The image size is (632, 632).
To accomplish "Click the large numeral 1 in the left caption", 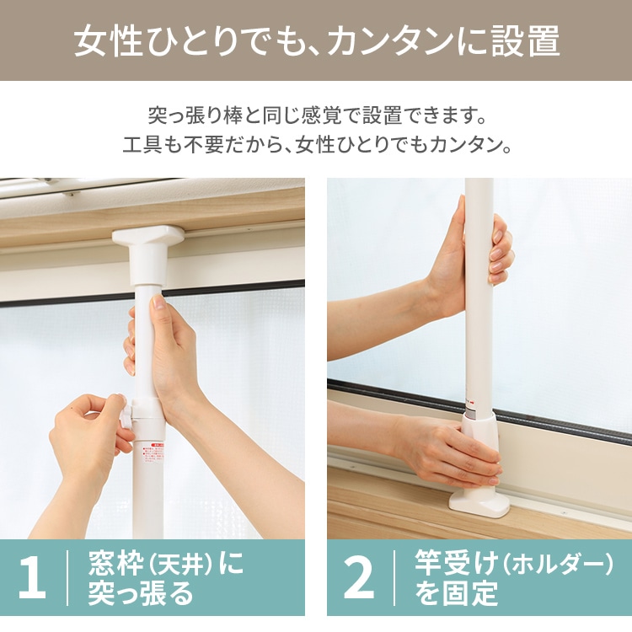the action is click(33, 577).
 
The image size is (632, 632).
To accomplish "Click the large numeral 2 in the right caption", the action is click(358, 577).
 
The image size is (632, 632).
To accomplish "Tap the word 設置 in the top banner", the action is click(525, 41).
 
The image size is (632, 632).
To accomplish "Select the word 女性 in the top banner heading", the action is click(108, 41).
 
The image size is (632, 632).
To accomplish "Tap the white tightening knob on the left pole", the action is click(127, 411).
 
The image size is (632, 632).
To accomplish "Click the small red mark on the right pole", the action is click(472, 401).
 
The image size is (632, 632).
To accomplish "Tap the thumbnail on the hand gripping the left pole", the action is click(158, 302).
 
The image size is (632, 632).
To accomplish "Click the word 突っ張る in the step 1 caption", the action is click(141, 593).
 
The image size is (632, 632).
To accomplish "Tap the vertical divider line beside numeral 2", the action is click(394, 577).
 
